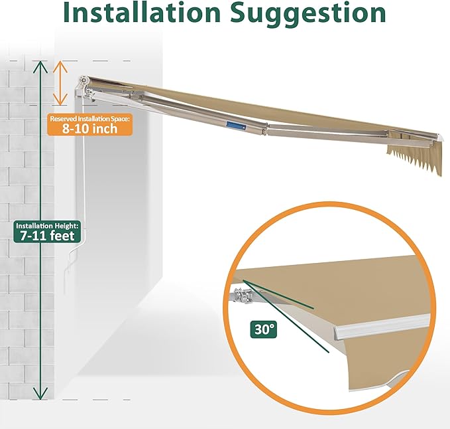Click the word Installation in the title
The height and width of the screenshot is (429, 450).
(142, 13)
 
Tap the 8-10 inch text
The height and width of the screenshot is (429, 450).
(90, 129)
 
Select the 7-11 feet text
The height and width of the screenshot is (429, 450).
(47, 236)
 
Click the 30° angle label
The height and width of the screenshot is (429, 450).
(263, 329)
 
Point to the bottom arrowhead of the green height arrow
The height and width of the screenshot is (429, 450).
(40, 393)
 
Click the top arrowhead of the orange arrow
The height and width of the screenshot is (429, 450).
(60, 66)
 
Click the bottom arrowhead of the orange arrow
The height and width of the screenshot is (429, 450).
(60, 100)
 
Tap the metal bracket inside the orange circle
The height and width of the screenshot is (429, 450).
(244, 295)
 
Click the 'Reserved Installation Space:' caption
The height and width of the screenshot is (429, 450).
(90, 118)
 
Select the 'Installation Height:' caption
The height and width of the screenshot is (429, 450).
(47, 225)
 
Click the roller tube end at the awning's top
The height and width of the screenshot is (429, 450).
(84, 80)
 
